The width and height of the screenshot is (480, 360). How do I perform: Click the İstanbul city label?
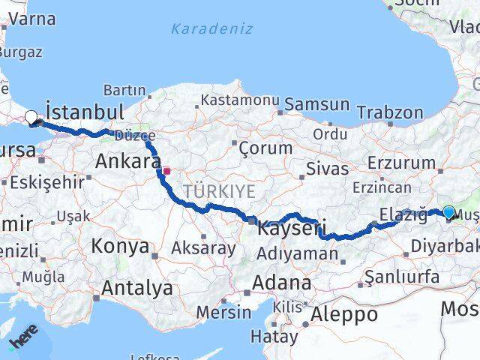pyautogui.click(x=85, y=112)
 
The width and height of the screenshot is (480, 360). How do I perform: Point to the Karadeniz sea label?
pyautogui.click(x=211, y=29)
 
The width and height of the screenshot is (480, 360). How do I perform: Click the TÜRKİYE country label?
pyautogui.click(x=223, y=191)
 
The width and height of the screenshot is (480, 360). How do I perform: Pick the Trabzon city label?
pyautogui.click(x=390, y=112)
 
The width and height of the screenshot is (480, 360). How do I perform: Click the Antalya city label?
pyautogui.click(x=136, y=288)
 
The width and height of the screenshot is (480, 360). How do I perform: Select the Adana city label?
pyautogui.click(x=282, y=283)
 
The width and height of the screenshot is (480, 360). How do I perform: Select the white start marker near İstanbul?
pyautogui.click(x=31, y=117)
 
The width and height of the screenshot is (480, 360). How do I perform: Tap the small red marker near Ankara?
pyautogui.click(x=166, y=171)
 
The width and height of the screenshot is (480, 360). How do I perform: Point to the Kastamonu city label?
pyautogui.click(x=240, y=100)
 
